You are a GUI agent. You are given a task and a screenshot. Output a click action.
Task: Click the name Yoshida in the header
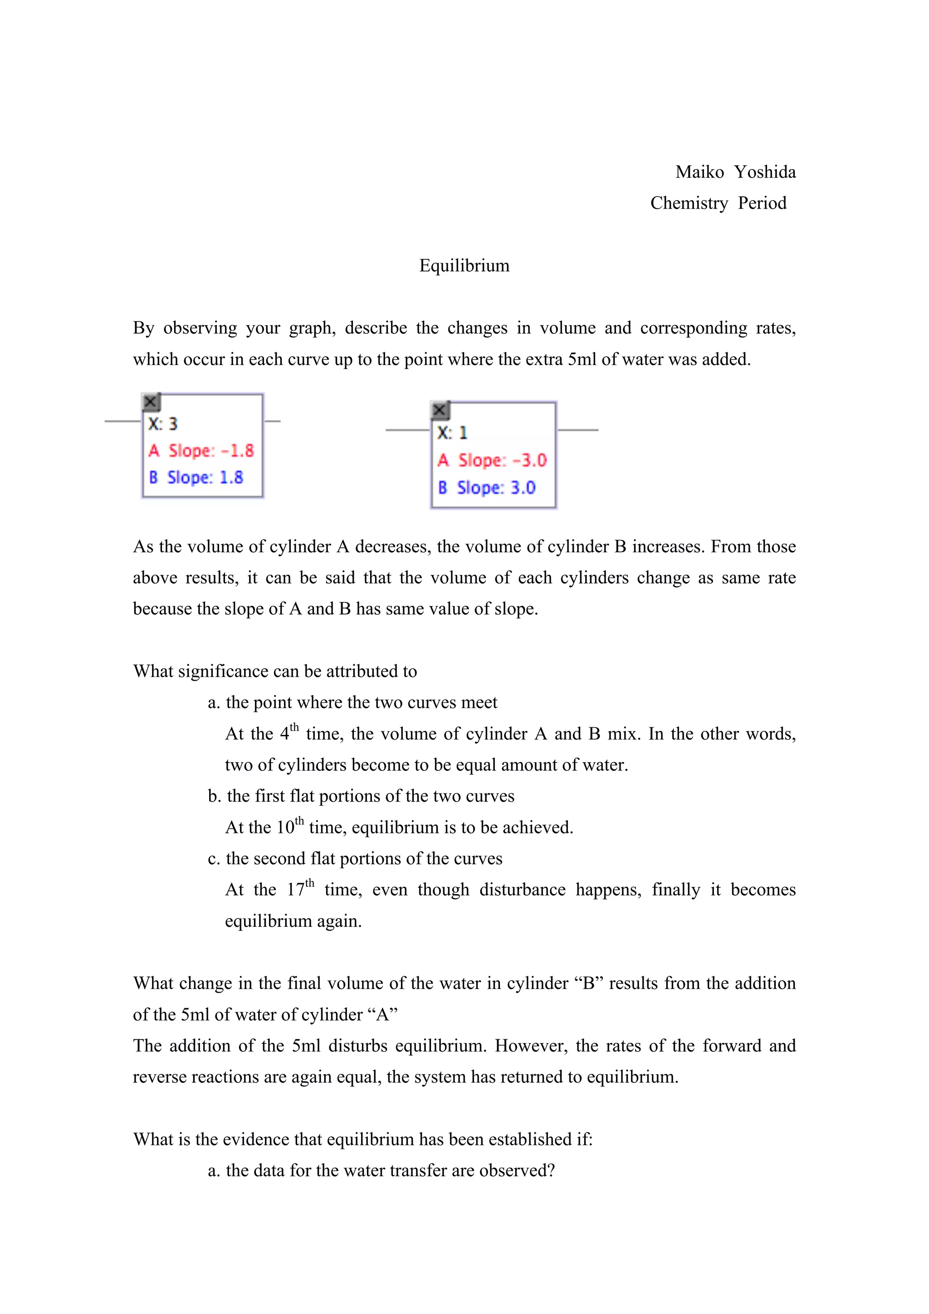click(x=765, y=172)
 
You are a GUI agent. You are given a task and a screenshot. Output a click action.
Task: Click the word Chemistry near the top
click(x=689, y=203)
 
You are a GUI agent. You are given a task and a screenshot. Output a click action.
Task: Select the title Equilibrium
click(x=464, y=266)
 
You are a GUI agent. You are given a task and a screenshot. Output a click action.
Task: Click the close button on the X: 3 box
click(x=151, y=402)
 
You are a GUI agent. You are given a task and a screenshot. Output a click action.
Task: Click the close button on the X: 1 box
click(x=440, y=410)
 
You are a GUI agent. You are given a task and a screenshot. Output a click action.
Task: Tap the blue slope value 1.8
click(x=231, y=477)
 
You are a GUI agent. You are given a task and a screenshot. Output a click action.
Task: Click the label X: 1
click(x=452, y=433)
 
